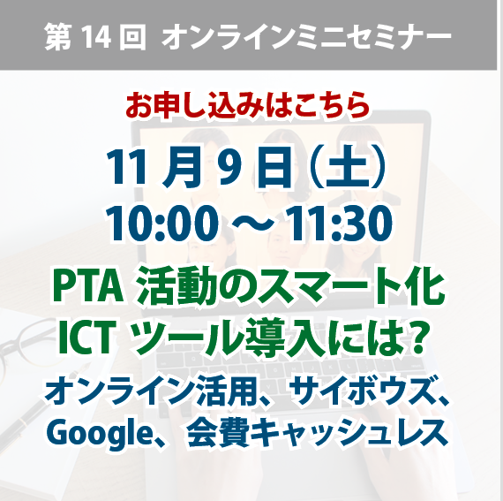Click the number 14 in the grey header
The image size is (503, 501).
95,37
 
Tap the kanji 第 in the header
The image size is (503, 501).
57,37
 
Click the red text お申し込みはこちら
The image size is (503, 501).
247,105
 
